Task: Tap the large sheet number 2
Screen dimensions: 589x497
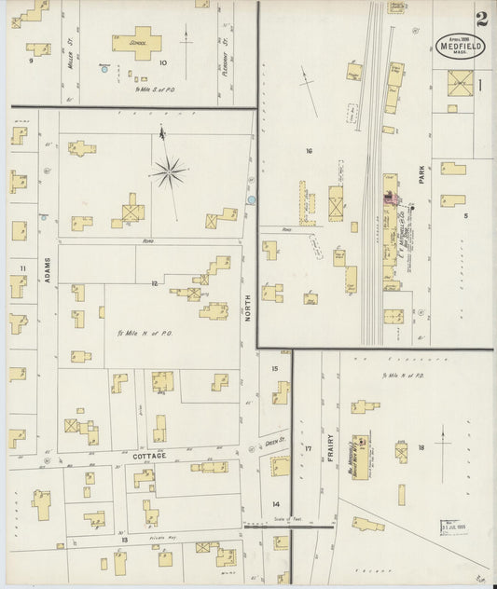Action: [x=481, y=19]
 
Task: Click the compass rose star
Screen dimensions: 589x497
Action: [x=171, y=171]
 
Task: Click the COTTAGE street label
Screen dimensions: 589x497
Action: [x=148, y=456]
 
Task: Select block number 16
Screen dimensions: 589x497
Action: [x=308, y=149]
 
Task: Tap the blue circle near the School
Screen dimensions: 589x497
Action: [x=104, y=69]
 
